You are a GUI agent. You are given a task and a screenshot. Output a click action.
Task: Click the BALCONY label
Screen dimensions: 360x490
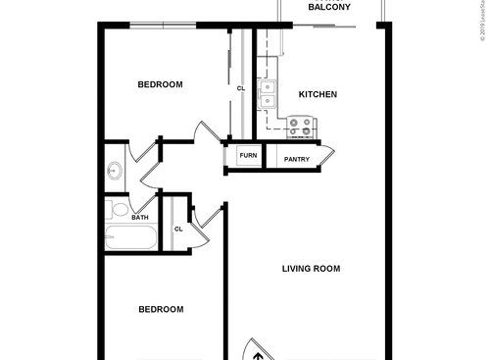pyautogui.click(x=330, y=7)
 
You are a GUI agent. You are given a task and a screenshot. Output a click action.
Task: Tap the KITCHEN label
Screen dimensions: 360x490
pyautogui.click(x=318, y=95)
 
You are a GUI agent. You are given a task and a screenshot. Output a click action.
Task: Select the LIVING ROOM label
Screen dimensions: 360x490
pyautogui.click(x=311, y=269)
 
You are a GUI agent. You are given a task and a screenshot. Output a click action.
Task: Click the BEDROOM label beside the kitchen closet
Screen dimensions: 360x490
pyautogui.click(x=160, y=85)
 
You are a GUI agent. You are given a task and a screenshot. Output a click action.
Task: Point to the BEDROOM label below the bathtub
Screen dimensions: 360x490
pyautogui.click(x=160, y=310)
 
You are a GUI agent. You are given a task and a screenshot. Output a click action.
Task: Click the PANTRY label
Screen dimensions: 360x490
pyautogui.click(x=297, y=159)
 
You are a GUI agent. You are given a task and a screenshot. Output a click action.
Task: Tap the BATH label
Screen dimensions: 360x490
pyautogui.click(x=140, y=218)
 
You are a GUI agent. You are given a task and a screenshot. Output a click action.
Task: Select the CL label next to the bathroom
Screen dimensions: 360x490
pyautogui.click(x=178, y=230)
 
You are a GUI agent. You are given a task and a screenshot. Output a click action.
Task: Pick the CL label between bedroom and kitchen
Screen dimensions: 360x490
pyautogui.click(x=240, y=88)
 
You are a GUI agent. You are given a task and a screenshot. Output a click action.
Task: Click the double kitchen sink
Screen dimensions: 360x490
pyautogui.click(x=268, y=93)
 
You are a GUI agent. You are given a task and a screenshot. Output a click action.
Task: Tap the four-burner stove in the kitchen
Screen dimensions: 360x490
pyautogui.click(x=301, y=128)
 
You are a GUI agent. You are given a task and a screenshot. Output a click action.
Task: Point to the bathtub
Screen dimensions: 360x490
pyautogui.click(x=130, y=238)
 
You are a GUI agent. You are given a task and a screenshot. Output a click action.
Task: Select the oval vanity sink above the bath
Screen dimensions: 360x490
pyautogui.click(x=113, y=170)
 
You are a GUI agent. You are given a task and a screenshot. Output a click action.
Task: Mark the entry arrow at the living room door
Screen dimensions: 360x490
pyautogui.click(x=257, y=353)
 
